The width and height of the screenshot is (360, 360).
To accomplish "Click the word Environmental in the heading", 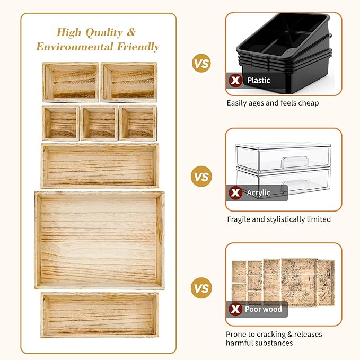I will tap(72, 47).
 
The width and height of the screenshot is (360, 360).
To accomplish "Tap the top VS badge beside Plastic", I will tap(201, 65).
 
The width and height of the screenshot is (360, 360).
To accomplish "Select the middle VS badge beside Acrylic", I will tap(201, 177).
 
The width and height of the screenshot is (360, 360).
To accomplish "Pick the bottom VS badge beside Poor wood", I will tap(201, 289).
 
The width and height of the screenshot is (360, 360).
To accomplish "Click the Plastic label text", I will tap(258, 81).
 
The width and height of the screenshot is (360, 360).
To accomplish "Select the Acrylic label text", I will tap(259, 193).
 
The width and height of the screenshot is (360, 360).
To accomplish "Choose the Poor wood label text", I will tap(264, 309).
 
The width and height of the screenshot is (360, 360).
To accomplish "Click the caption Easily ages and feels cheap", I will tap(273, 103).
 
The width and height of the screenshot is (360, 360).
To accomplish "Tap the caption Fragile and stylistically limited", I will tap(279, 219).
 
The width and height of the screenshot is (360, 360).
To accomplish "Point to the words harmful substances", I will tap(259, 343).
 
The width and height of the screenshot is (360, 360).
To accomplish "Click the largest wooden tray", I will tap(100, 240).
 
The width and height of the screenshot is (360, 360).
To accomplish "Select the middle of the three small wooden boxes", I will tap(99, 123).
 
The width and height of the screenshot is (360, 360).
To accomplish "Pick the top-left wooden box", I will tap(71, 82).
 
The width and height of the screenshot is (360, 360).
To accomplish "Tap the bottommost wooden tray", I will tap(100, 314).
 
